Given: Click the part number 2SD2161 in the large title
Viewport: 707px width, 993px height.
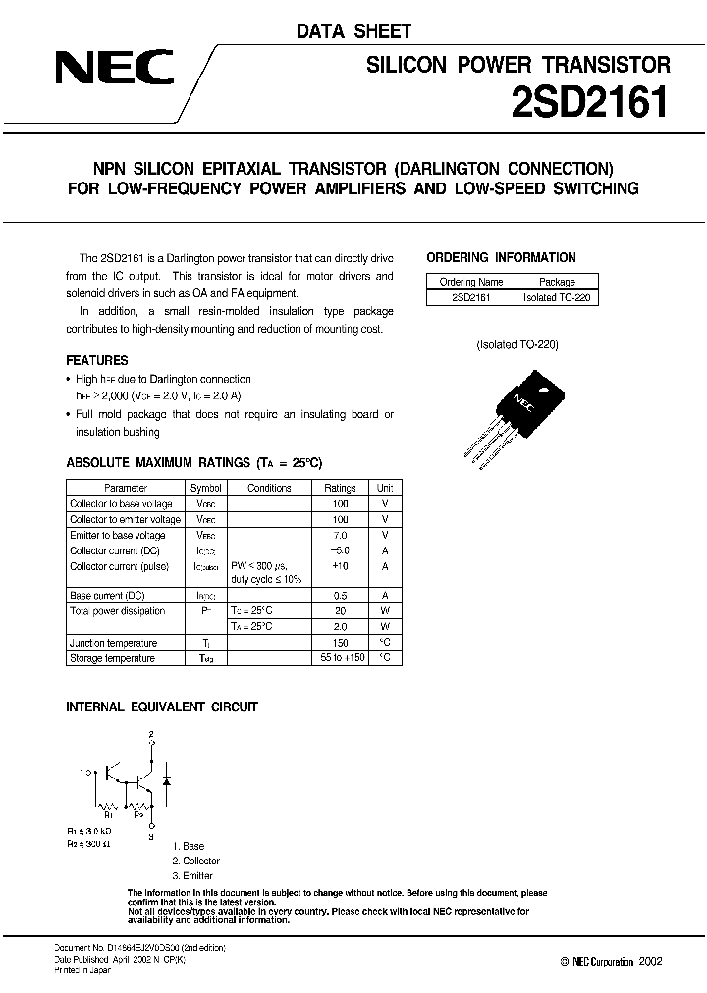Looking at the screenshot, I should (x=589, y=102).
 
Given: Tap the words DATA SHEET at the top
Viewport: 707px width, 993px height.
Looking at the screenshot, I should (x=354, y=32).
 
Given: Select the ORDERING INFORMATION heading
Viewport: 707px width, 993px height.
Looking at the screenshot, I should (x=501, y=258).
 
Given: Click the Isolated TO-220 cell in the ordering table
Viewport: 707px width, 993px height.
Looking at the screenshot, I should (x=557, y=296).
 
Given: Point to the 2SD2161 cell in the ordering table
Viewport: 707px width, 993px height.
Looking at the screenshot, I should (x=471, y=296).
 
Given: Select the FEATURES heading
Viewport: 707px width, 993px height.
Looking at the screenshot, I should (x=96, y=361).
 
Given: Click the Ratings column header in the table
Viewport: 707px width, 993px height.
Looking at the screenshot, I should (x=340, y=488).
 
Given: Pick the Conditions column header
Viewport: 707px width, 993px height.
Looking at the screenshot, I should (x=269, y=488).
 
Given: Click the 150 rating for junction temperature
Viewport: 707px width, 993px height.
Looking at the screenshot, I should (x=340, y=643).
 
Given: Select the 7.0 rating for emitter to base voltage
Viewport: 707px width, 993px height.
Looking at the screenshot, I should (x=340, y=535).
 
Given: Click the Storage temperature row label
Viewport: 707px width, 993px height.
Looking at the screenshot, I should (x=112, y=658).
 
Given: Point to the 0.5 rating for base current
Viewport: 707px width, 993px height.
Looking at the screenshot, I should (x=340, y=596).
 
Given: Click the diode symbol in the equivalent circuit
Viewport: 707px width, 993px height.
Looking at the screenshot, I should (x=166, y=780).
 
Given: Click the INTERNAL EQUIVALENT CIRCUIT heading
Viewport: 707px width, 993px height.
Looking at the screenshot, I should (x=161, y=706).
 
